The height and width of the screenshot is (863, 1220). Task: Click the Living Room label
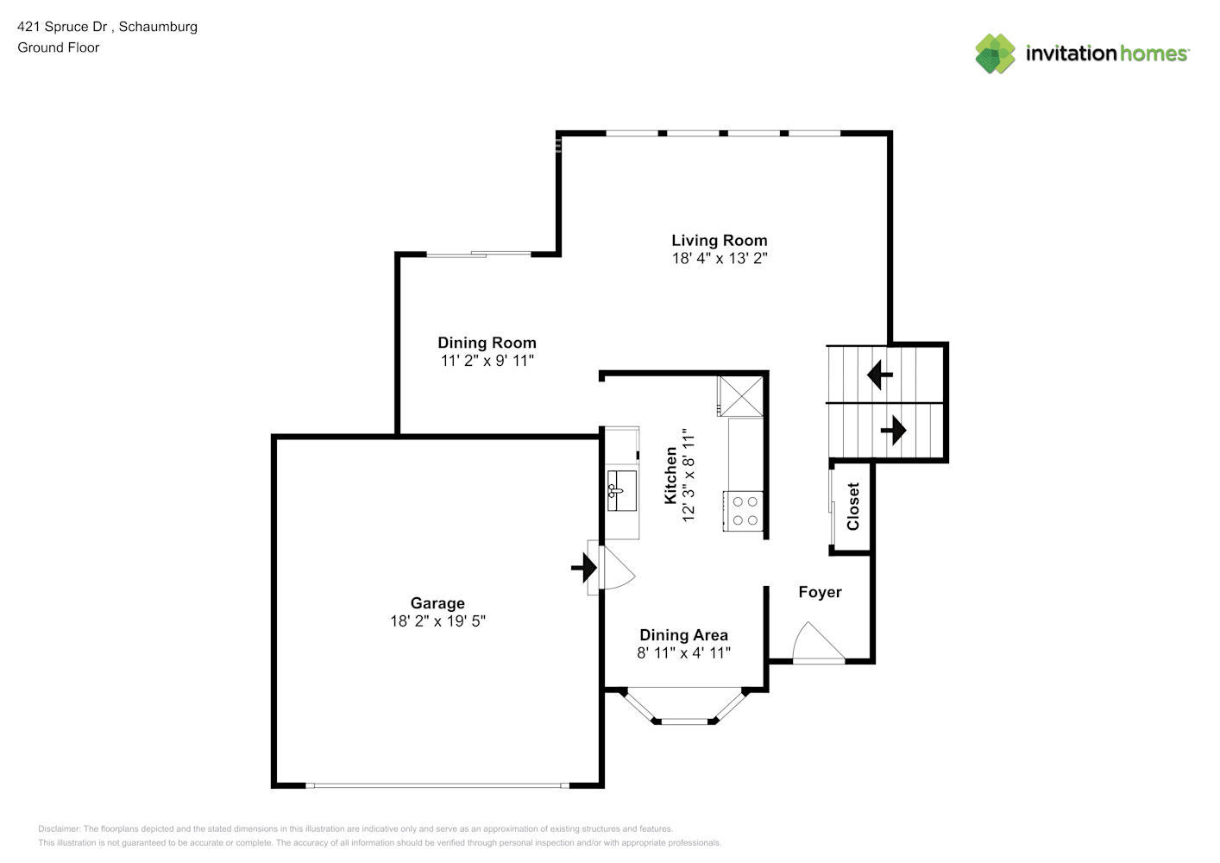719,240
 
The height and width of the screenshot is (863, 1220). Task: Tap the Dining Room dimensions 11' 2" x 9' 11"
487,360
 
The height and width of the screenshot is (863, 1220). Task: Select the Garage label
437,603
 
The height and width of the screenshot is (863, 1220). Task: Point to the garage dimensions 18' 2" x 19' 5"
437,621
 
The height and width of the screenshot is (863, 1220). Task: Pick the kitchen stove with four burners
744,511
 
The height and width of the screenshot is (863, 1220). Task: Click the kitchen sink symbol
621,490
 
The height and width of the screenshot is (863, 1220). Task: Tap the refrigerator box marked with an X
740,396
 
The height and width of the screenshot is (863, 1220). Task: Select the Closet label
853,506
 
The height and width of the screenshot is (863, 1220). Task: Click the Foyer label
820,592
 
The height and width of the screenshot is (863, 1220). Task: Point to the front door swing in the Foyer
818,642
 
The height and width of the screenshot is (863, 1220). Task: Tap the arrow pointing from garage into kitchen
584,568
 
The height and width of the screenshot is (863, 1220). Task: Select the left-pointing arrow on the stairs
879,375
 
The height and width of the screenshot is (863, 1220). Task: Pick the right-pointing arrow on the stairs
893,431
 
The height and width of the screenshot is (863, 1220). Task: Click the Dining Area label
683,635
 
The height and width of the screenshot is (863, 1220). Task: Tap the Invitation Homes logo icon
995,54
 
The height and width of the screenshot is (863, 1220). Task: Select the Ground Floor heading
59,47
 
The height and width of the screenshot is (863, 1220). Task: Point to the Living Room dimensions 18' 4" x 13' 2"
720,258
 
